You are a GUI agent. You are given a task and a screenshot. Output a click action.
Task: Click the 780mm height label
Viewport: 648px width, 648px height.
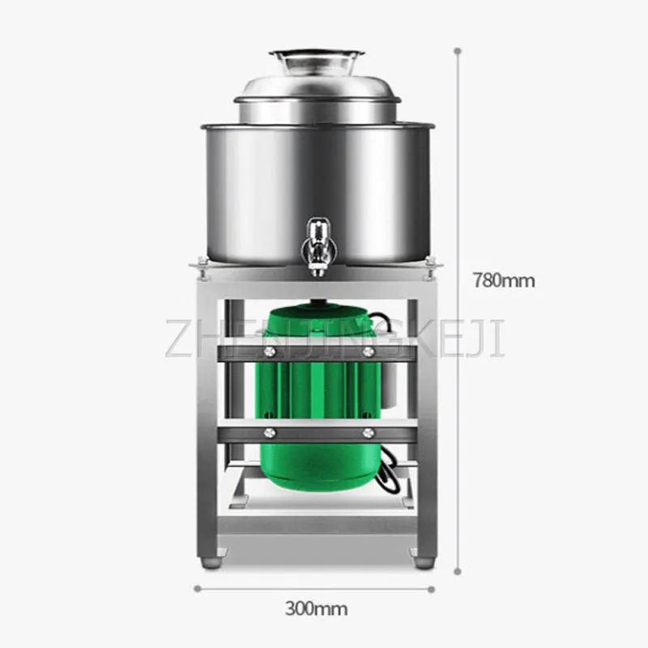pos(504,281)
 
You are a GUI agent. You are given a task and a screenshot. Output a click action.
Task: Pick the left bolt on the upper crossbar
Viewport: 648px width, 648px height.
pos(267,352)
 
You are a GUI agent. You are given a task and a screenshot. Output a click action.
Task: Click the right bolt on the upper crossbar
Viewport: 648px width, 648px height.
pos(368,352)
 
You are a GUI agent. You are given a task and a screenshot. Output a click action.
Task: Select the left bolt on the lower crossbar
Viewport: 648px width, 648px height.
pos(267,432)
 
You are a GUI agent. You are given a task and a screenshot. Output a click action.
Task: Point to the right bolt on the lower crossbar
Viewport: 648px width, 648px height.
pos(368,432)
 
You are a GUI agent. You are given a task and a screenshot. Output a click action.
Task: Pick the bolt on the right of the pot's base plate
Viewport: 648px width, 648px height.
pos(430,262)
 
